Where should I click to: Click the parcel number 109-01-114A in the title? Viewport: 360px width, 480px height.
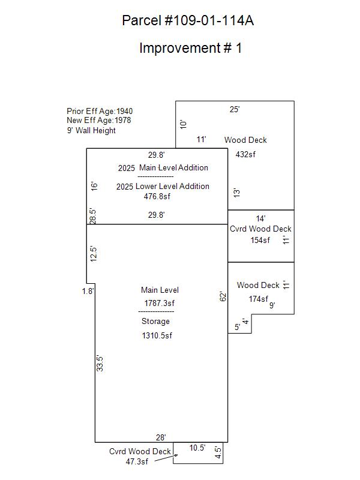point(209,20)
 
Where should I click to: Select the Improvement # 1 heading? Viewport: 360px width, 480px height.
point(190,48)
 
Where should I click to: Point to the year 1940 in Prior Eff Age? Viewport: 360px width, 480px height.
point(125,111)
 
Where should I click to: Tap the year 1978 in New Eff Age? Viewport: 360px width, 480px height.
point(123,121)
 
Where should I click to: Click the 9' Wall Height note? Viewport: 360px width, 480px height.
point(91,130)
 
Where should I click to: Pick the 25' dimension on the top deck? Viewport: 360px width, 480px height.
point(235,109)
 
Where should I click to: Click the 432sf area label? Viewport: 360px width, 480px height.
point(245,154)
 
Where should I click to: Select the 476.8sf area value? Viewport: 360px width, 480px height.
point(157,197)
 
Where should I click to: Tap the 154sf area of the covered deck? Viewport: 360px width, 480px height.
point(260,241)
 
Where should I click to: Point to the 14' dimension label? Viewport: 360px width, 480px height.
point(260,218)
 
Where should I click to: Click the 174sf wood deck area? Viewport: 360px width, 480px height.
point(259,299)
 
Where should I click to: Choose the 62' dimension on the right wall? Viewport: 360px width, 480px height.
point(223,296)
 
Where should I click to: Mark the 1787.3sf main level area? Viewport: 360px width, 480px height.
point(160,303)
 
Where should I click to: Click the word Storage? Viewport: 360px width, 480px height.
point(155,321)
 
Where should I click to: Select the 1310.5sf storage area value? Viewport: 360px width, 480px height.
point(157,335)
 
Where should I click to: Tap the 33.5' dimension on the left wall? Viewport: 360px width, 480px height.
point(100,364)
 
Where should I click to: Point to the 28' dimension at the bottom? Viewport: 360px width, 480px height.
point(161,438)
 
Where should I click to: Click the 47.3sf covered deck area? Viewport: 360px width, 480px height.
point(137,461)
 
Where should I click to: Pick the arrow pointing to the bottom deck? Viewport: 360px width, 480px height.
point(166,458)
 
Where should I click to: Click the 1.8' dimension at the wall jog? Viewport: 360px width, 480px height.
point(88,291)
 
